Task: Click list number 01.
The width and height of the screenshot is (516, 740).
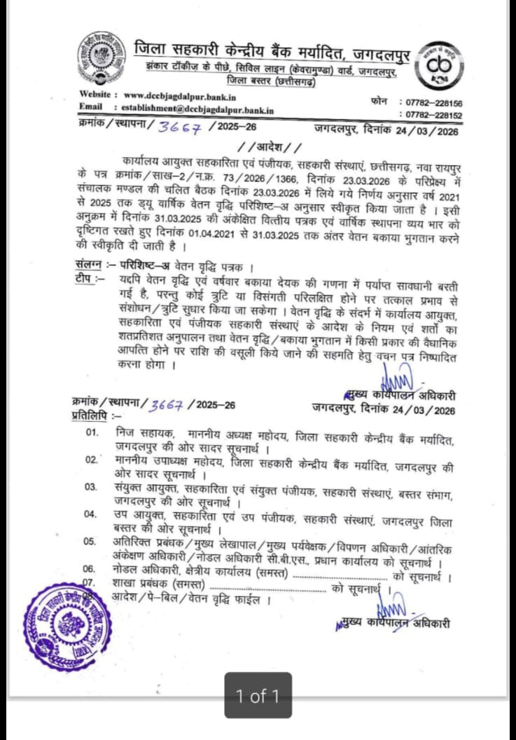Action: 91,432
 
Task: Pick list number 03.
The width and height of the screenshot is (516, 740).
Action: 91,486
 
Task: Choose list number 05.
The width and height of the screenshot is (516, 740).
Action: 91,540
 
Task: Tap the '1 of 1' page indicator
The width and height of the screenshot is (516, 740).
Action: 258,696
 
